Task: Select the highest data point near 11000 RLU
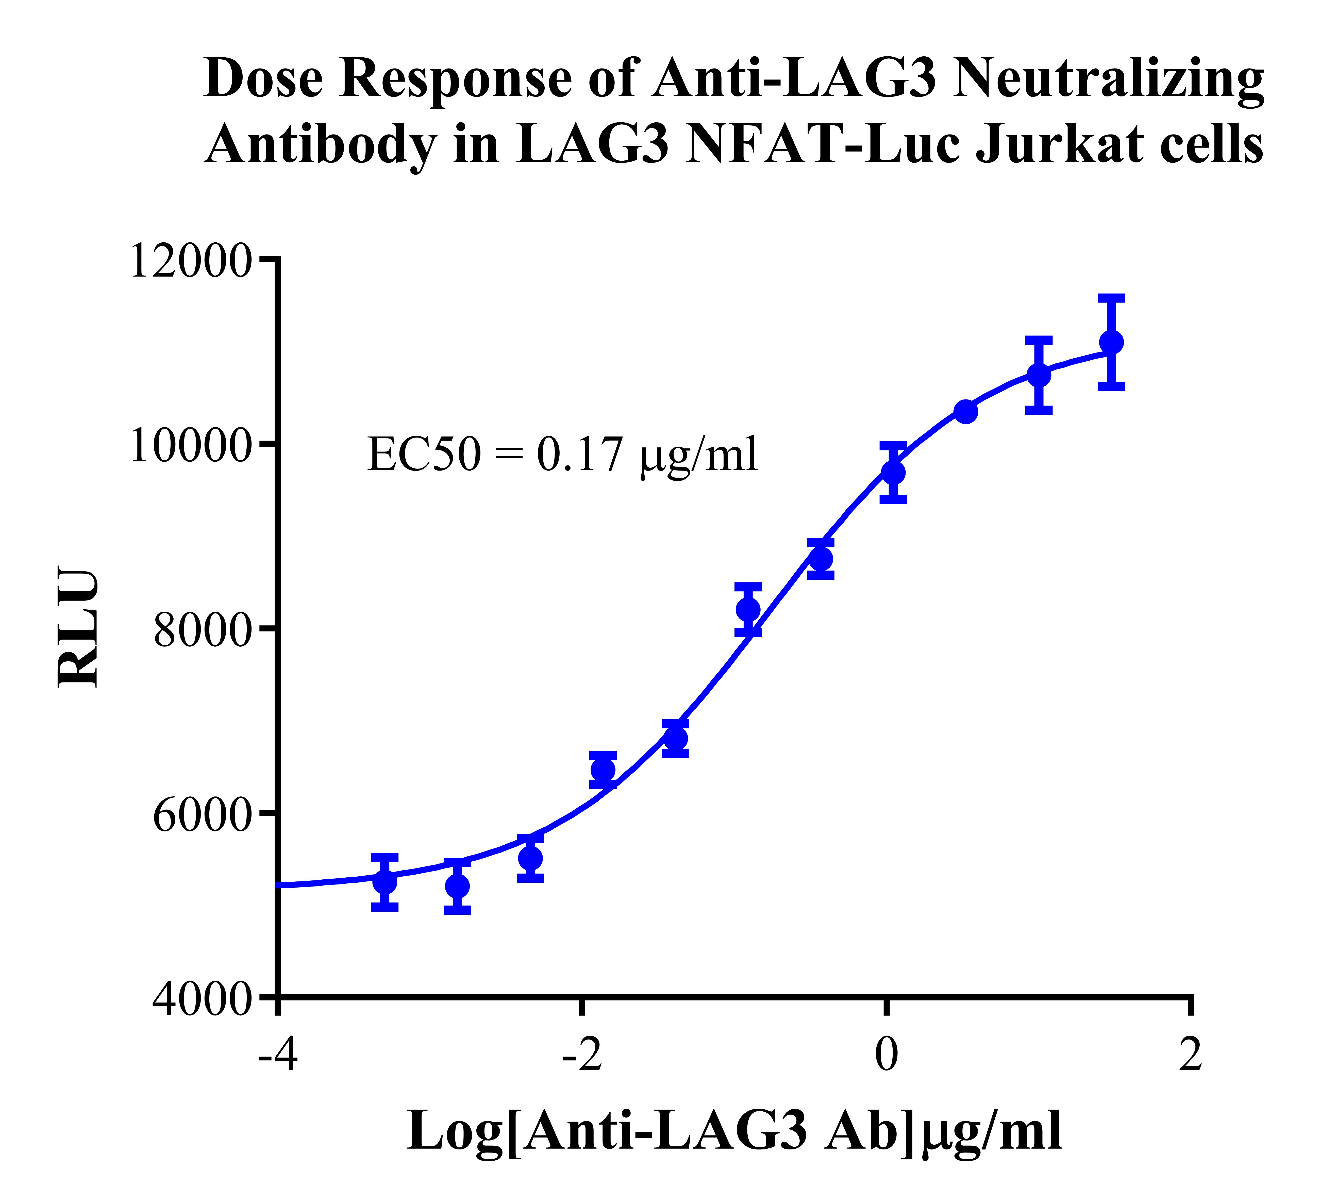pyautogui.click(x=1111, y=342)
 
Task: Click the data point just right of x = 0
pyautogui.click(x=893, y=472)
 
